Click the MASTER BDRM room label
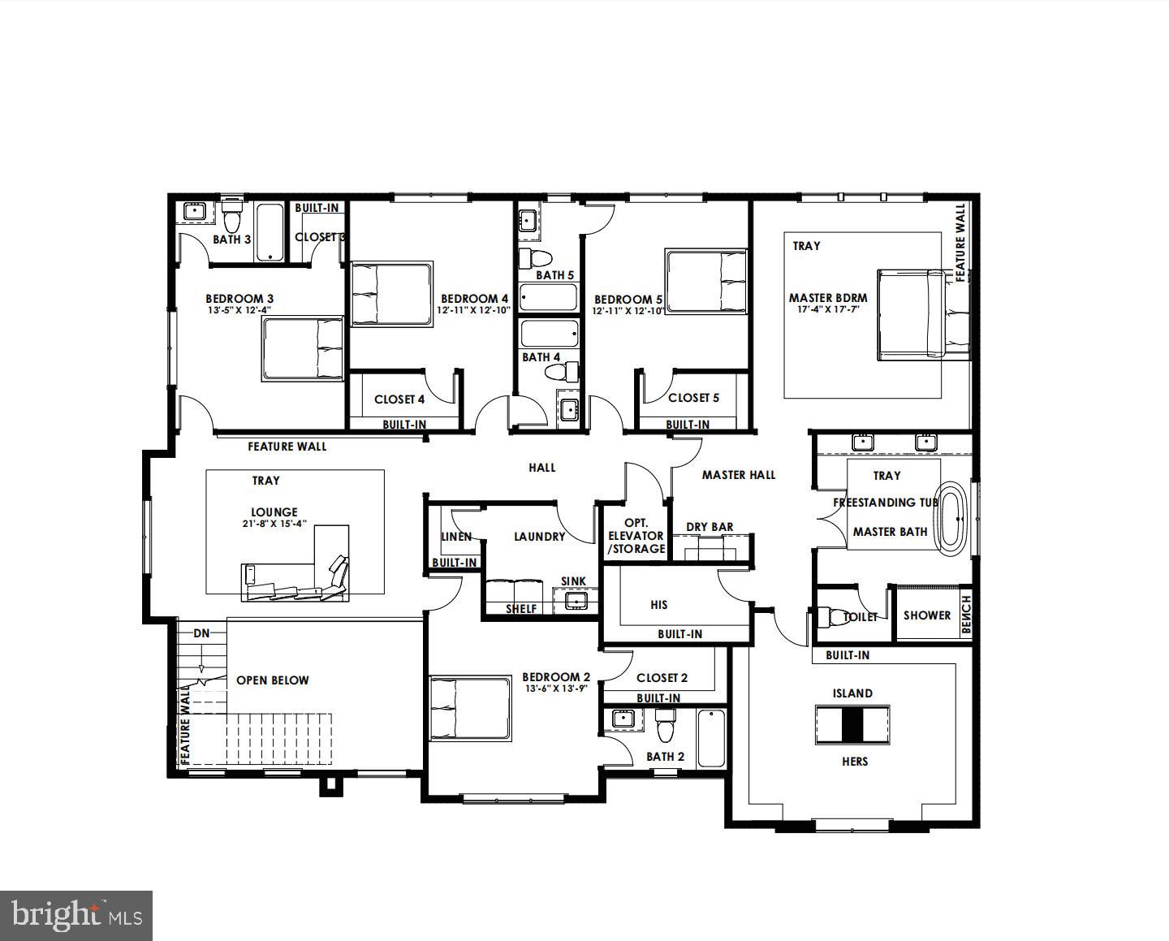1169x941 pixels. point(827,298)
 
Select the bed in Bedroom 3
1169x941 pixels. point(303,348)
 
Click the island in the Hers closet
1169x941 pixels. point(852,724)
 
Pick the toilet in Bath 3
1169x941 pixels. point(232,217)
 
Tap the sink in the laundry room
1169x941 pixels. point(576,601)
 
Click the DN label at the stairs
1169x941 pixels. point(201,632)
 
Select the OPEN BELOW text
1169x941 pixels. point(272,680)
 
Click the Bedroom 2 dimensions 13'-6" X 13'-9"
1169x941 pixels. point(555,688)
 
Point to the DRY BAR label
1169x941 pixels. point(710,527)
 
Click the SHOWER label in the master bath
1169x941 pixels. point(926,615)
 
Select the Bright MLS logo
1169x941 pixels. point(76,916)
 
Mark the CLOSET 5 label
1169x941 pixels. point(693,398)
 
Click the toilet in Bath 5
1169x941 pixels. point(535,259)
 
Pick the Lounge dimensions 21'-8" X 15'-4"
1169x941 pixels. point(274,524)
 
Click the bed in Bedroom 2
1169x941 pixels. point(470,709)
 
